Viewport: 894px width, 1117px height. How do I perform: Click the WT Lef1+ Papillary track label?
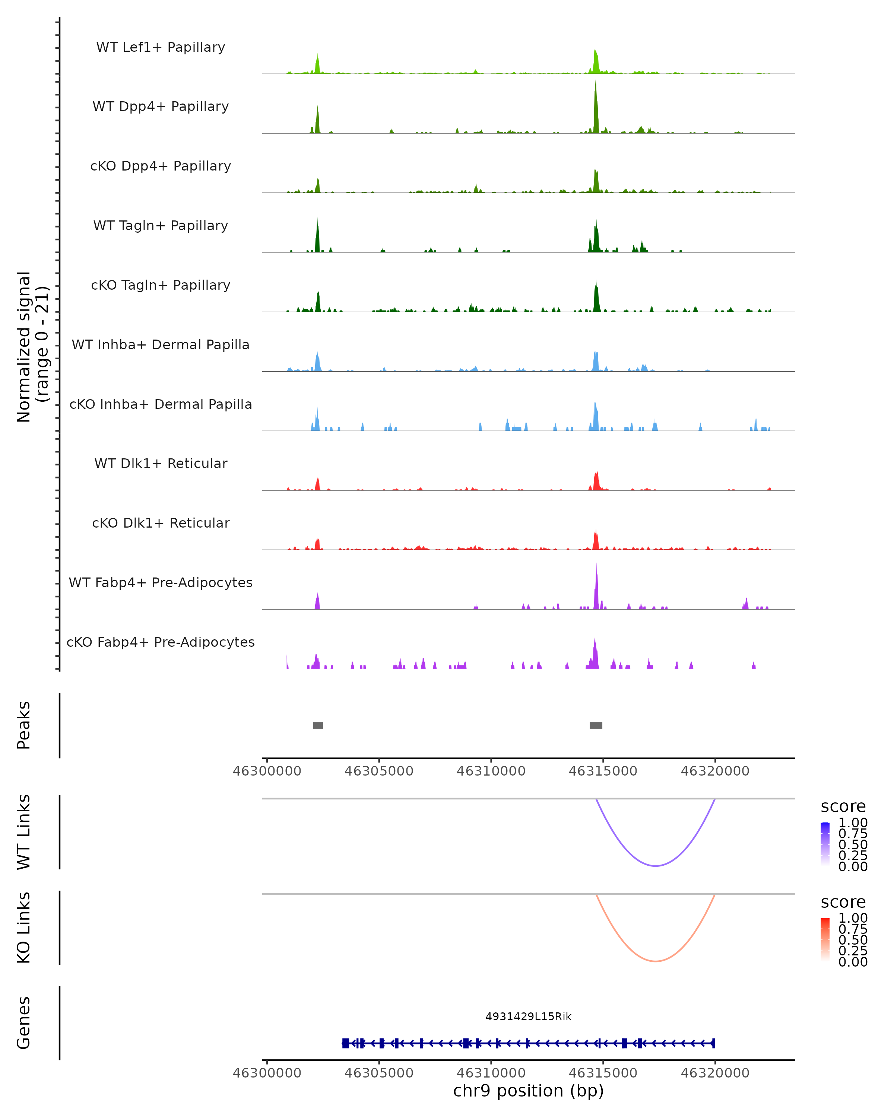[161, 47]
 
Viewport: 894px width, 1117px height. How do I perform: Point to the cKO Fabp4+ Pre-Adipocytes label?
[161, 642]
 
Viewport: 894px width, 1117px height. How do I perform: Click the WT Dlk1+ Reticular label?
[161, 463]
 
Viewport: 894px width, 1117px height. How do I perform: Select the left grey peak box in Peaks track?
[318, 725]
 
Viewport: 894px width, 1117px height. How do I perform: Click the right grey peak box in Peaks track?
[596, 725]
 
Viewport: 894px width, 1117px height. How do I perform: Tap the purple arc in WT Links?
[656, 866]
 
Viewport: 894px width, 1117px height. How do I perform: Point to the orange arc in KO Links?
[656, 961]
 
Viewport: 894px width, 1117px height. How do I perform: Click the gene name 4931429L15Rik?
[528, 1016]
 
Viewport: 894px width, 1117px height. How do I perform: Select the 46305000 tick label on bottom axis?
[379, 1073]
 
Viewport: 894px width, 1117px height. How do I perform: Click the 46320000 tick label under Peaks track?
[715, 771]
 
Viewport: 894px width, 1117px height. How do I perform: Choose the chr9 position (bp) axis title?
[528, 1091]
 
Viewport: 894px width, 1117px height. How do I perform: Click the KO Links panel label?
[24, 927]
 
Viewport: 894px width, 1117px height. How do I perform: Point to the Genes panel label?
[24, 1023]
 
